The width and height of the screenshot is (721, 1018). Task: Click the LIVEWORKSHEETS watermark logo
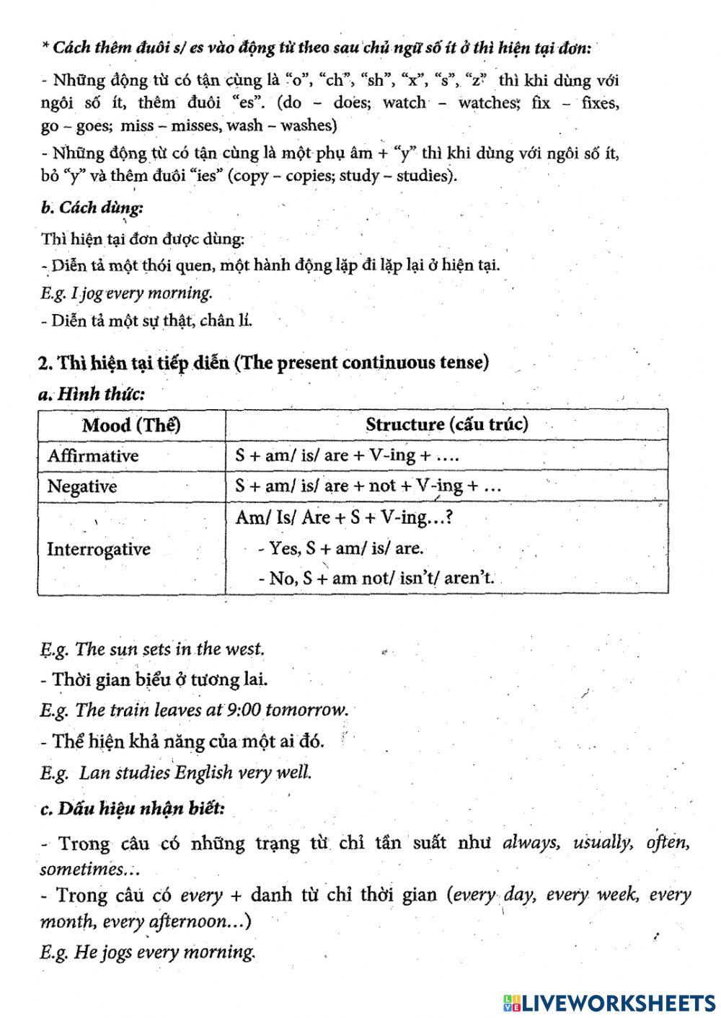[609, 1003]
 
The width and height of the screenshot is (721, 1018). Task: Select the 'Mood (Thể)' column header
[131, 424]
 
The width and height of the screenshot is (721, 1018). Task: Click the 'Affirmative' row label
[93, 456]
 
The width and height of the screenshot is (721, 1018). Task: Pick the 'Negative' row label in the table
[81, 486]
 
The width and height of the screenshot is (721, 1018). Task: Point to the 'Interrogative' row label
[99, 549]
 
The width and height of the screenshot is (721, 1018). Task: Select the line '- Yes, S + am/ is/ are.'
[340, 548]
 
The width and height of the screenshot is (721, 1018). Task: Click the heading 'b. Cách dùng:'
[92, 208]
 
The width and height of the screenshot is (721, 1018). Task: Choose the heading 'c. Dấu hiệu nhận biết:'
[132, 808]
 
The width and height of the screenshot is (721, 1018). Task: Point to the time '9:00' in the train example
[243, 710]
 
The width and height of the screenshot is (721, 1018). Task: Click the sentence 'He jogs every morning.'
[165, 952]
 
